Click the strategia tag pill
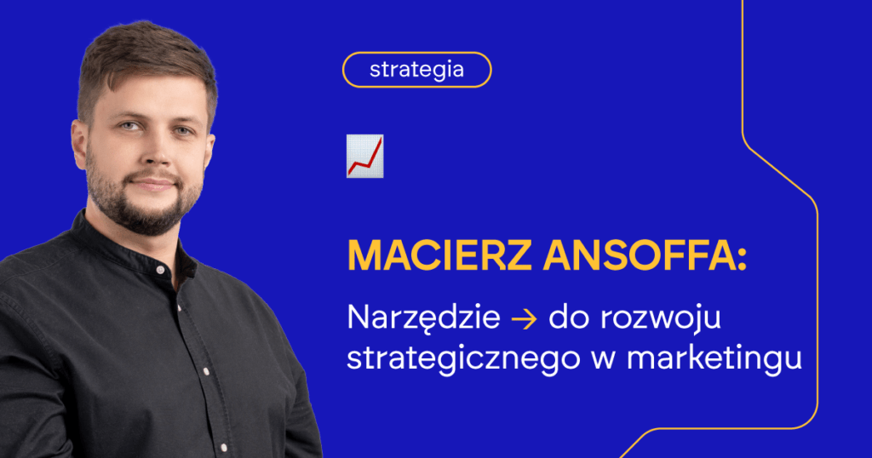pos(416,70)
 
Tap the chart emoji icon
pos(364,156)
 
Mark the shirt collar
pos(102,243)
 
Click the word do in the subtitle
pos(565,319)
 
